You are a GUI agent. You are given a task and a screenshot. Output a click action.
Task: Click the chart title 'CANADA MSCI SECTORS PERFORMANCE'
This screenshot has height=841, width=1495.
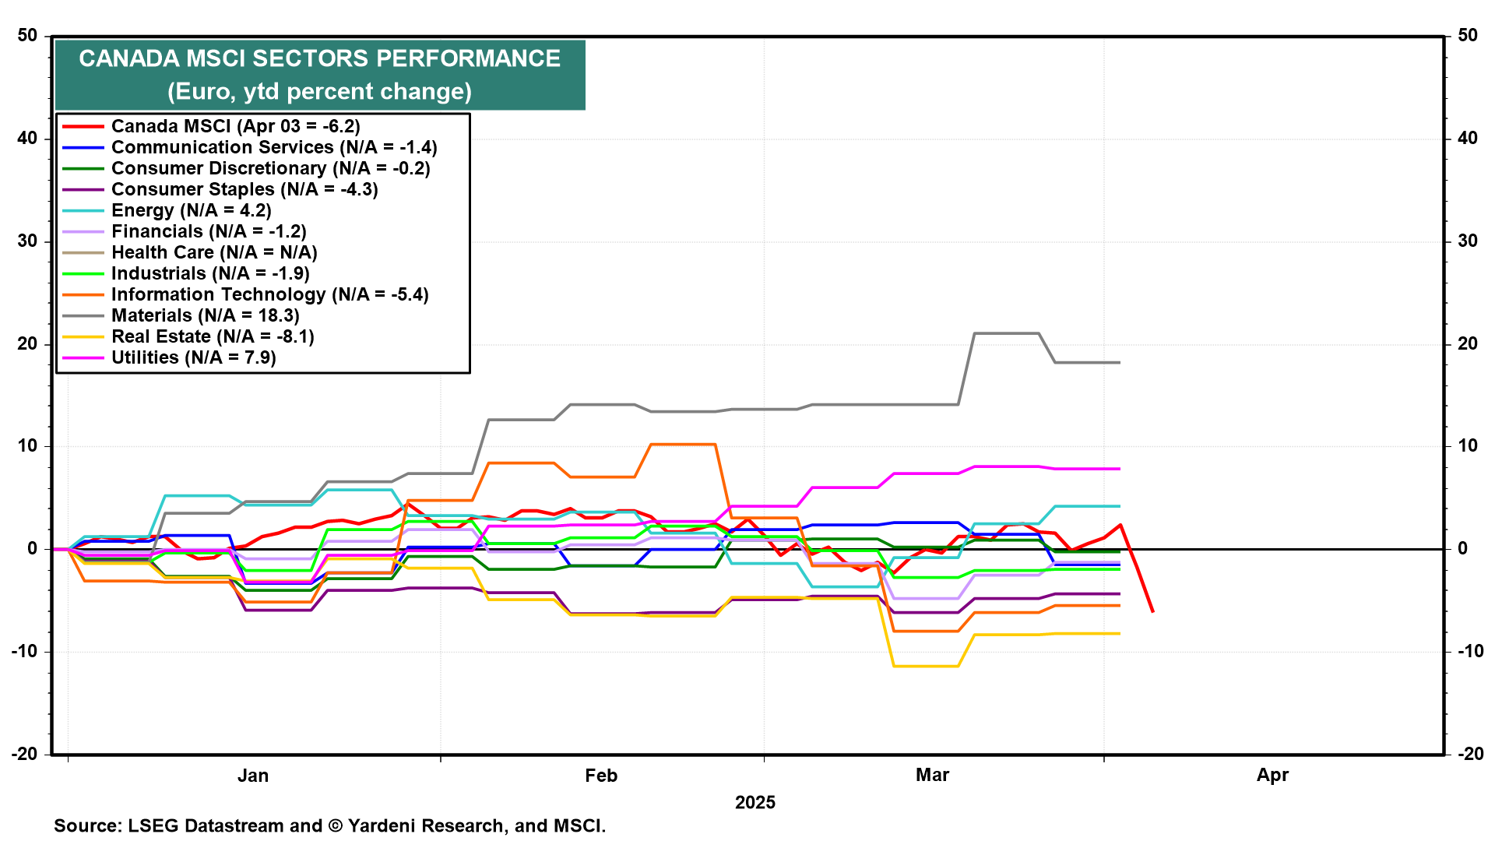[x=319, y=58]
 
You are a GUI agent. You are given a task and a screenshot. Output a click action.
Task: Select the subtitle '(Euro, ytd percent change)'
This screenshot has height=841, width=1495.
[x=319, y=92]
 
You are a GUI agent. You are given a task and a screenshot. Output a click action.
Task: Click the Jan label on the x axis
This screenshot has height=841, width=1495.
[x=253, y=776]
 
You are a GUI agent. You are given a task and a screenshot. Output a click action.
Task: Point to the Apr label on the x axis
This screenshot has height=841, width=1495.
[x=1272, y=776]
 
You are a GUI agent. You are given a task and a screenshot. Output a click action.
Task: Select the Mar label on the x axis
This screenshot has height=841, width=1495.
[x=932, y=775]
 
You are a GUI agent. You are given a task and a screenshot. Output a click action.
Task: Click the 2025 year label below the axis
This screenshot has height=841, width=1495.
[x=755, y=803]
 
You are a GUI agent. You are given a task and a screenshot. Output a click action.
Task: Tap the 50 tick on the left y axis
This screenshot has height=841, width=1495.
[x=27, y=35]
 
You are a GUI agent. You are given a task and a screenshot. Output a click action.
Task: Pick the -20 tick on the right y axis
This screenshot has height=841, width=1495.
[x=1468, y=754]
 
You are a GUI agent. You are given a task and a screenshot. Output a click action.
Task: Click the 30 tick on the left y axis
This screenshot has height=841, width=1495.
[x=27, y=241]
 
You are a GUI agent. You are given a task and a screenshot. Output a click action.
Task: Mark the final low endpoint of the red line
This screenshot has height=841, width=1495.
[x=1152, y=611]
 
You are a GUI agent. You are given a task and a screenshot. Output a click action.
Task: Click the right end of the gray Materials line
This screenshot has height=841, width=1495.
[x=1120, y=362]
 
